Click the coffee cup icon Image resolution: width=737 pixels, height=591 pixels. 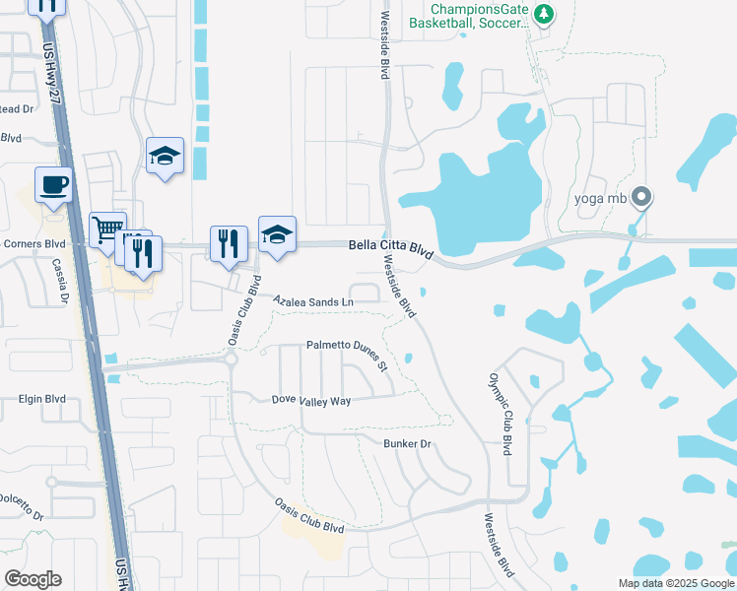(53, 184)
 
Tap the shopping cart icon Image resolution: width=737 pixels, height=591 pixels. (108, 230)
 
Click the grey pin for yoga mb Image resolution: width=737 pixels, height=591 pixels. (641, 197)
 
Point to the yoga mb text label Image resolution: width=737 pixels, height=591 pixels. (601, 197)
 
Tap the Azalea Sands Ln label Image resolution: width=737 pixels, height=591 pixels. (312, 301)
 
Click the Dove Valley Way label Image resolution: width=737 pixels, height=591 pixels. (311, 401)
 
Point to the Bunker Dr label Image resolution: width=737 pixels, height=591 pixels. (408, 444)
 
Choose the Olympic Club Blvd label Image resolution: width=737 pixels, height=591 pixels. (501, 413)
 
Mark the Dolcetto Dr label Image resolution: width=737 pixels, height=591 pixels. (22, 508)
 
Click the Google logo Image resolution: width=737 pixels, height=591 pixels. (33, 579)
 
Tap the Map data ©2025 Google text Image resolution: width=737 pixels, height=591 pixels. (675, 583)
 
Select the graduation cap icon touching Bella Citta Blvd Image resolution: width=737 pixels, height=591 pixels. (277, 234)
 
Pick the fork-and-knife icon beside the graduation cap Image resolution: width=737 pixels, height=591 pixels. (229, 242)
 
